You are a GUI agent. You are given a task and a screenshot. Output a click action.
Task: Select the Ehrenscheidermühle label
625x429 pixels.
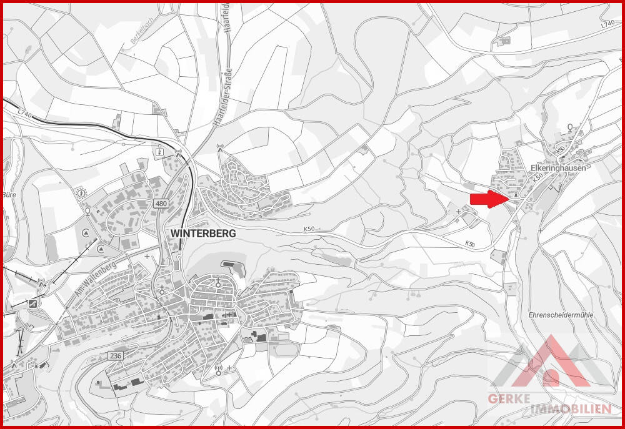point(560,315)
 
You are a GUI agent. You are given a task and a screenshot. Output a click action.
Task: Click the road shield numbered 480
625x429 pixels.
point(162,204)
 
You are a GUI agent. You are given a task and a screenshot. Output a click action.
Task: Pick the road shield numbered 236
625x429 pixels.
point(115,355)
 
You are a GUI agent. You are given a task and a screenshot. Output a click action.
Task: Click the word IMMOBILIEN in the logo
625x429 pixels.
point(569,409)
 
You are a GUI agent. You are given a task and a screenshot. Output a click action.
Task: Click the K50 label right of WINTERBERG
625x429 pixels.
point(310,229)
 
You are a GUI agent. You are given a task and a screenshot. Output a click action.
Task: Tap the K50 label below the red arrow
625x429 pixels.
point(471,244)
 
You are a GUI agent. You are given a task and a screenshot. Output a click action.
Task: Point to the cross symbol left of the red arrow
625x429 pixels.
point(459,212)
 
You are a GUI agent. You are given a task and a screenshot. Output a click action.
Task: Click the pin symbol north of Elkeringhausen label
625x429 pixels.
point(570,128)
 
